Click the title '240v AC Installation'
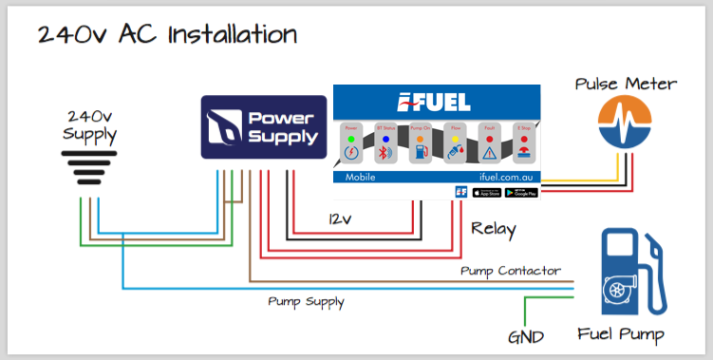168,34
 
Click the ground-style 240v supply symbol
90,169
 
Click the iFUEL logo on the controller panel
437,102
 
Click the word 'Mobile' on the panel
361,178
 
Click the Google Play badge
522,193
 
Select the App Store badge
487,193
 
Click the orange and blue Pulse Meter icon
625,124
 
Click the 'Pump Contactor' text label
510,272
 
